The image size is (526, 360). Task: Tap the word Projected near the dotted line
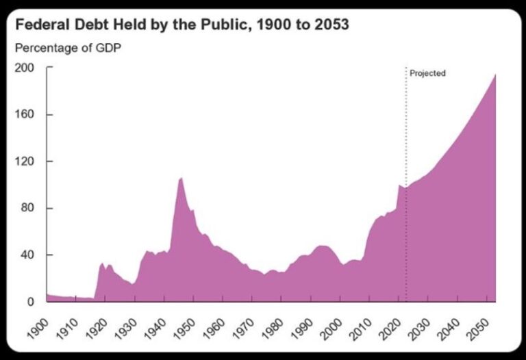click(427, 73)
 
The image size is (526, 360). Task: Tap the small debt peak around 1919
click(102, 263)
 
